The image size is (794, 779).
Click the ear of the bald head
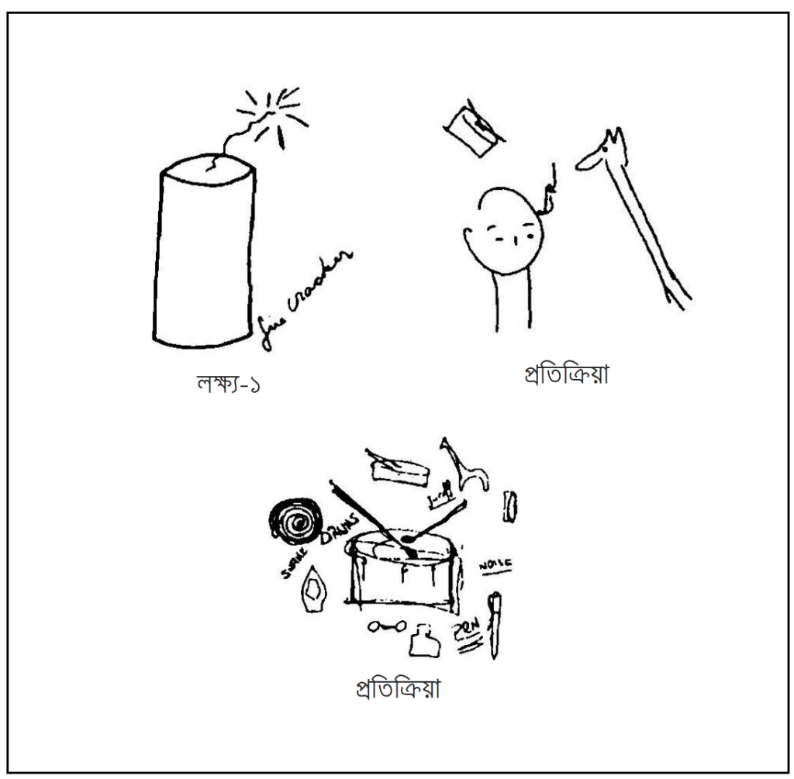pos(469,236)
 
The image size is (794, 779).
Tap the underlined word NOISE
pos(495,567)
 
